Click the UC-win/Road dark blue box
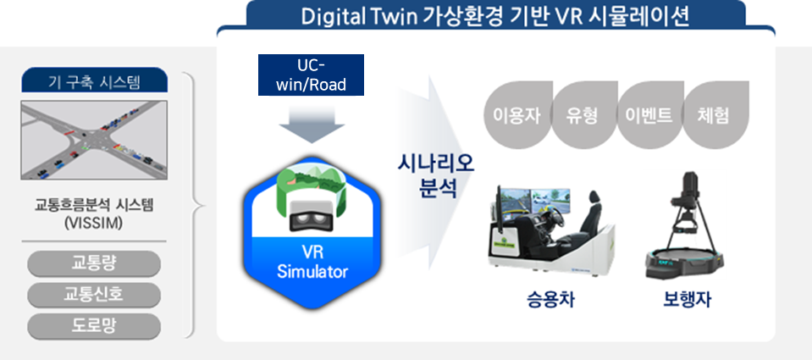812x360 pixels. tap(312, 75)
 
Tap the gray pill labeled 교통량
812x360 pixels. tap(94, 263)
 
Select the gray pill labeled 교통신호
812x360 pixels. tap(94, 294)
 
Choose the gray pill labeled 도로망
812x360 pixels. tap(94, 325)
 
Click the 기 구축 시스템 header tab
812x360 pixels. tap(94, 82)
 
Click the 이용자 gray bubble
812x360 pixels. tap(511, 114)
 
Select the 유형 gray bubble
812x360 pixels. tap(577, 114)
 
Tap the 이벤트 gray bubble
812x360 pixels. tap(644, 114)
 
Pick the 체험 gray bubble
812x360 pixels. tap(714, 114)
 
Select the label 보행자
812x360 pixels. tap(686, 301)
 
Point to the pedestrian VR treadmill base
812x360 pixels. tap(687, 263)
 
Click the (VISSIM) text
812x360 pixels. tap(94, 224)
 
